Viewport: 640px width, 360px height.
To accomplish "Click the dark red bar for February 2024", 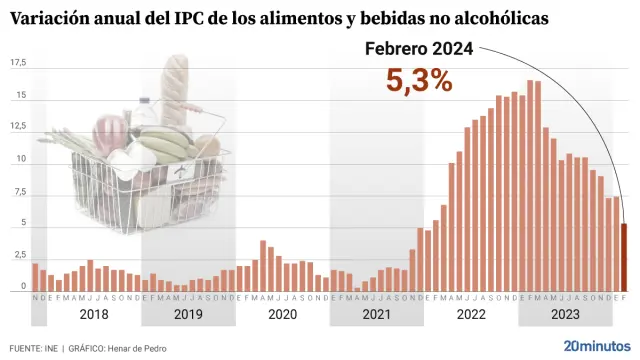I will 625,257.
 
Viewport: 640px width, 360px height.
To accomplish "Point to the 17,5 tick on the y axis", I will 17,63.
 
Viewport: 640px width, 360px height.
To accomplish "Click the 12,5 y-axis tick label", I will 17,127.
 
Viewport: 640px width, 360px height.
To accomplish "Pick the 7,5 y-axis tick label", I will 17,192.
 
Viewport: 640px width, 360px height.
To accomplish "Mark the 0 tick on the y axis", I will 22,288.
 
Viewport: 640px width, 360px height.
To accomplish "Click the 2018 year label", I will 93,315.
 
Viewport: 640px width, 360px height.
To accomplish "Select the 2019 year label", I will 188,315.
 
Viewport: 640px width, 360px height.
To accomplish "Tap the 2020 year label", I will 282,315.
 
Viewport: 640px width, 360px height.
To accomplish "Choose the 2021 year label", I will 376,315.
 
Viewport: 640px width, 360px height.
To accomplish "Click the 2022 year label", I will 471,315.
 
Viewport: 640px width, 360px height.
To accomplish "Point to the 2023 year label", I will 565,315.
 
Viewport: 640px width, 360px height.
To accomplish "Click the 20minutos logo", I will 597,345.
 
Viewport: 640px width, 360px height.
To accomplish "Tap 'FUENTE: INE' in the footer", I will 32,348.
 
